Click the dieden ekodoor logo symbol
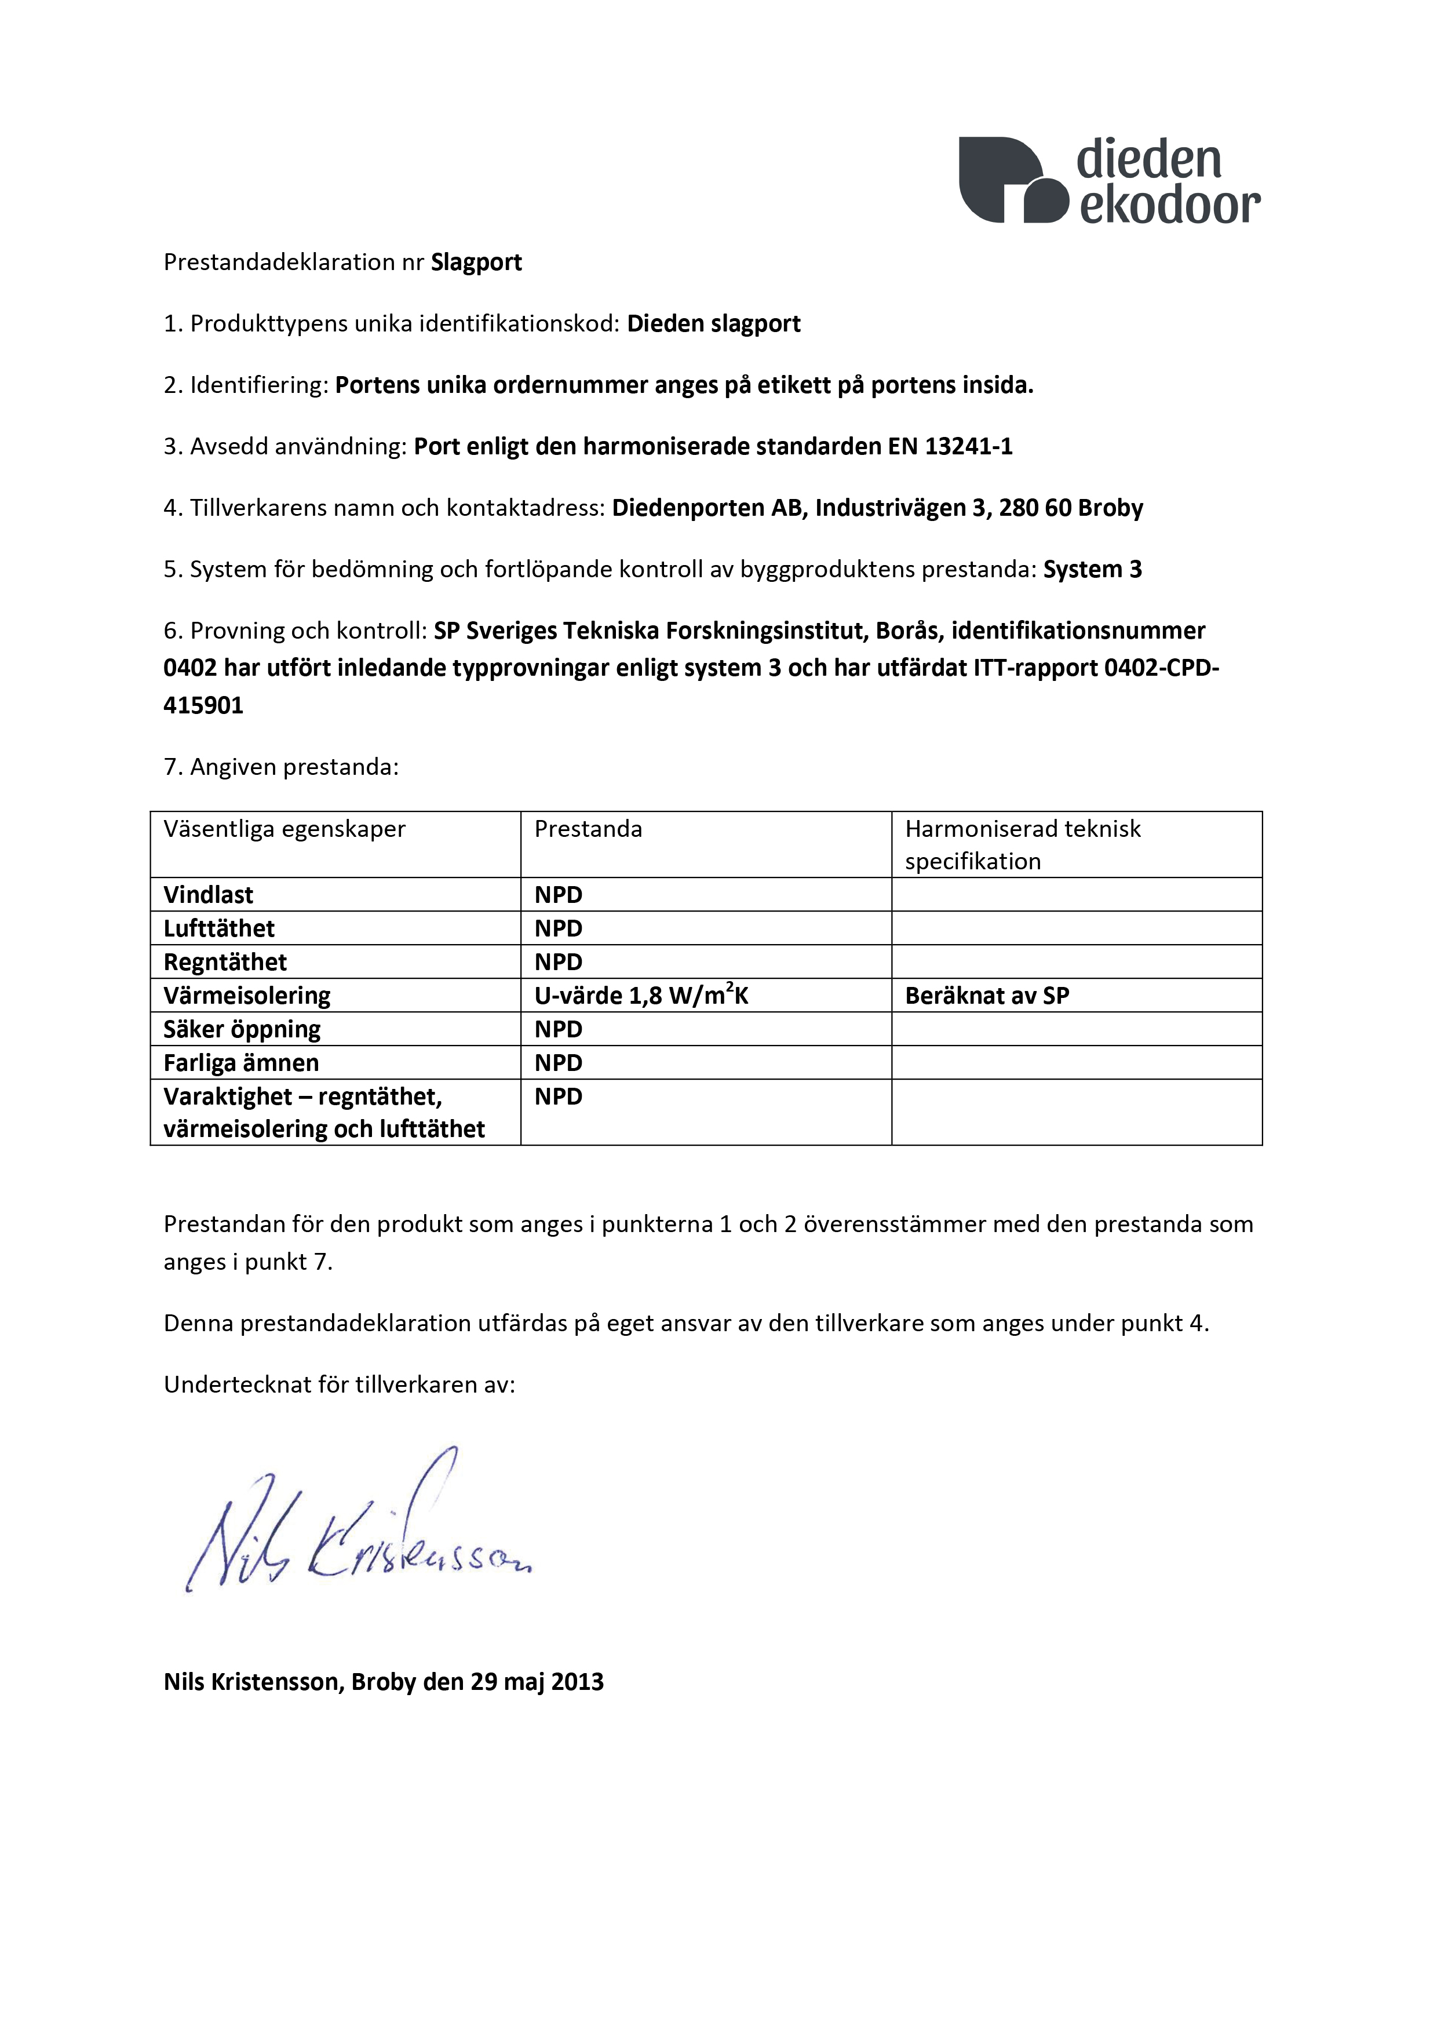pos(1013,180)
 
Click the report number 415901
pos(203,706)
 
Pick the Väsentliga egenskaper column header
pos(284,830)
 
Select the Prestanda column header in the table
pos(588,830)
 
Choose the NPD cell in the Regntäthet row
pos(558,963)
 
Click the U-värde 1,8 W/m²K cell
pos(641,996)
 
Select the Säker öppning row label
pos(242,1030)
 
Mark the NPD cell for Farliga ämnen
pos(558,1063)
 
